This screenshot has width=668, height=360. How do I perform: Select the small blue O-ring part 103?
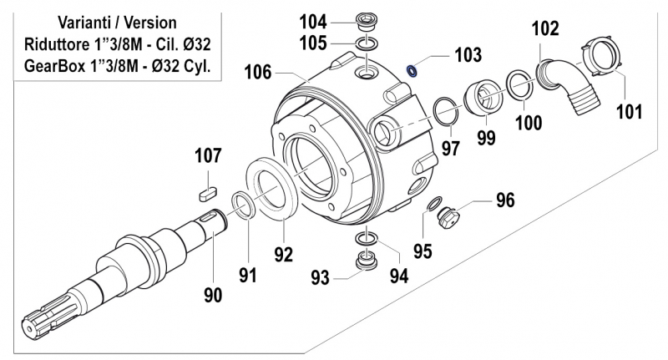(412, 69)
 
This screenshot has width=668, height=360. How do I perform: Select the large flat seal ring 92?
(272, 191)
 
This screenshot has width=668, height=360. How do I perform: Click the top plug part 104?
(365, 19)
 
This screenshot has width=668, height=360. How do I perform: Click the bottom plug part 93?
(365, 262)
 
